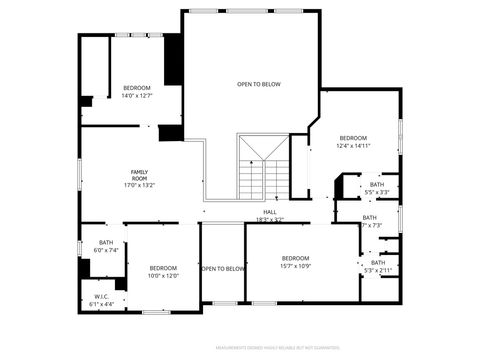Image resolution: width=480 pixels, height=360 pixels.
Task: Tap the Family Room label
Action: pos(139,174)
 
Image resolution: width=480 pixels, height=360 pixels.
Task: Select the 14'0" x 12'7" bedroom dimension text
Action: pos(137,96)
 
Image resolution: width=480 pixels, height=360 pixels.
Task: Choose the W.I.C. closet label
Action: pos(102,296)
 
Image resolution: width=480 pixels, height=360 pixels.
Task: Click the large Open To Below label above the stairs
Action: pos(258,84)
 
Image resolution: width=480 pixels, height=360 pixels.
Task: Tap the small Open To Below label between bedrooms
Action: pos(223,268)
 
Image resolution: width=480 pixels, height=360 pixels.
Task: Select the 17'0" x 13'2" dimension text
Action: pos(139,185)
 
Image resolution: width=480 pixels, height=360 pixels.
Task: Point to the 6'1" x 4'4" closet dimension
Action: pos(102,303)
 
